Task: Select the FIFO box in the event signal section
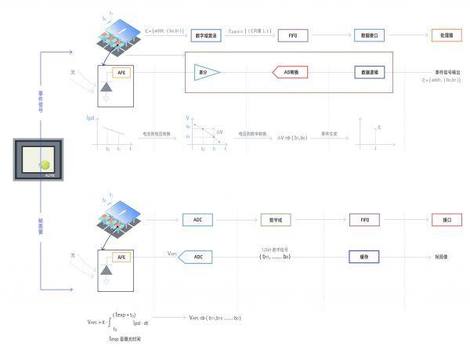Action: pos(292,35)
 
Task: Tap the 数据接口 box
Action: pos(367,35)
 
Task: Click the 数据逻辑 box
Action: pos(367,72)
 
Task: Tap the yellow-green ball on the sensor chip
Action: pos(46,165)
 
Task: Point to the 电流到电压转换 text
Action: pos(154,134)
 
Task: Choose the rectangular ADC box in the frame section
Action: pos(198,220)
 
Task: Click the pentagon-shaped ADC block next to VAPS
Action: pos(197,257)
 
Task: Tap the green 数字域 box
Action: pos(275,220)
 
